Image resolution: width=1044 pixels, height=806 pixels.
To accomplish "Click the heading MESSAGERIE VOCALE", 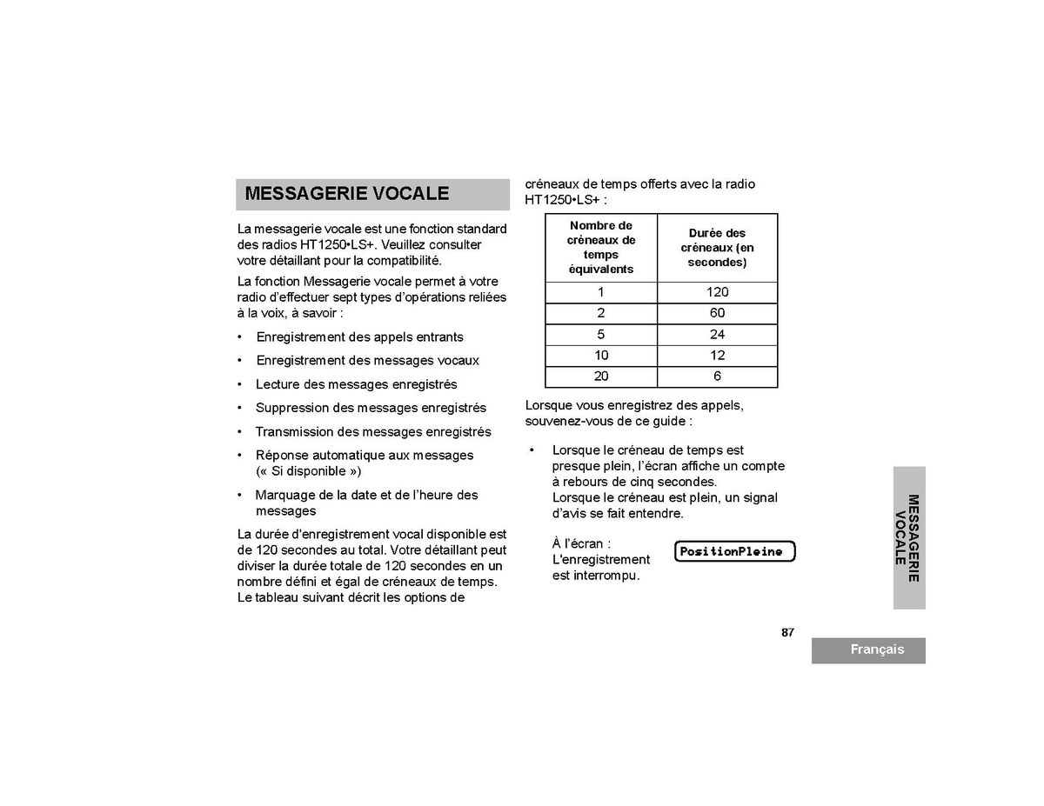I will tap(347, 194).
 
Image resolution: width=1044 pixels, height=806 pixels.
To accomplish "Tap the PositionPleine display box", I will tap(734, 551).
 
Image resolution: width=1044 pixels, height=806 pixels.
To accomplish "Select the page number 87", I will tap(787, 633).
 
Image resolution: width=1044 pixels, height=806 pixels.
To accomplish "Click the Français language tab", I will tap(876, 650).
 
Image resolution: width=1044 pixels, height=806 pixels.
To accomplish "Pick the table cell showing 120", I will tap(718, 292).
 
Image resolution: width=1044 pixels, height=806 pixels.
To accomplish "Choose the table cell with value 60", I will tap(718, 313).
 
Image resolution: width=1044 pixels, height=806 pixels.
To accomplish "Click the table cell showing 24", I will tap(718, 335).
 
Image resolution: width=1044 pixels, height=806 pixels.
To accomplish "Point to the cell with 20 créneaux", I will tap(601, 376).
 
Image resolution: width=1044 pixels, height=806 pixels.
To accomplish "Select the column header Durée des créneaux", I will tap(717, 248).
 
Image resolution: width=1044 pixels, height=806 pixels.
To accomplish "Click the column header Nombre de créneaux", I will tap(601, 248).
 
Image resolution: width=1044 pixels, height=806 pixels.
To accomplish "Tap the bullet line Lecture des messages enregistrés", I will tap(356, 384).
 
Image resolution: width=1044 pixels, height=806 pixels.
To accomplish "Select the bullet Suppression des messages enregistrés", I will tap(371, 408).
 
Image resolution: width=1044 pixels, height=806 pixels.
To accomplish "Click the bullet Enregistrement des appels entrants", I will tap(359, 337).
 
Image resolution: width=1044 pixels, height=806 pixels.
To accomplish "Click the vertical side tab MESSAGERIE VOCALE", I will tap(907, 537).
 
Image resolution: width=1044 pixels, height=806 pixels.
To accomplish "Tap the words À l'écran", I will tap(581, 544).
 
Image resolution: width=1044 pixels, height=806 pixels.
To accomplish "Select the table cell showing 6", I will tap(718, 376).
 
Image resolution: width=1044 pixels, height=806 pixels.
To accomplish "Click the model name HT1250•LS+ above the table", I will tap(562, 200).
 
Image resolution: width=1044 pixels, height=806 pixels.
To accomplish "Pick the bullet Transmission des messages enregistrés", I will tap(372, 432).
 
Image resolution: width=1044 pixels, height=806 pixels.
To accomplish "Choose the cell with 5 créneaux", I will tap(601, 335).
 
